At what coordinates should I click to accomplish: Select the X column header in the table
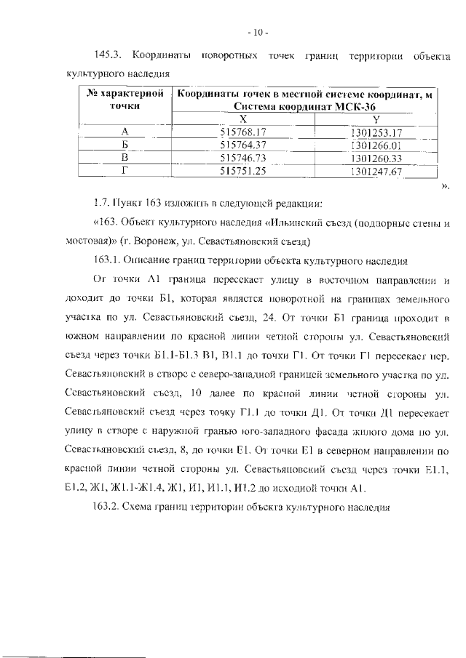[x=243, y=119]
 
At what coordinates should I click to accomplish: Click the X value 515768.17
[x=244, y=132]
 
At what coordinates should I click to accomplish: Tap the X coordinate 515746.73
[x=244, y=158]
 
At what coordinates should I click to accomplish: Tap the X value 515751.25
[x=244, y=172]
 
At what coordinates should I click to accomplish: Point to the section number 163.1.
[x=109, y=260]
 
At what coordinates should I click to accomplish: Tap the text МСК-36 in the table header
[x=359, y=106]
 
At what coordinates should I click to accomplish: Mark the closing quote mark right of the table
[x=445, y=186]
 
